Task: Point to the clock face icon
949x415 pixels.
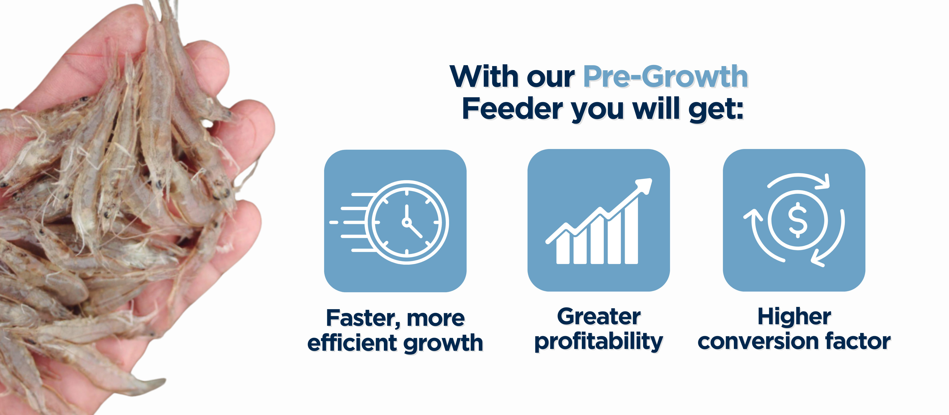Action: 407,222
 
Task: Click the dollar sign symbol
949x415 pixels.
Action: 798,220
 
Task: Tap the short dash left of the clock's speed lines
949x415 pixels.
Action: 333,222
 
